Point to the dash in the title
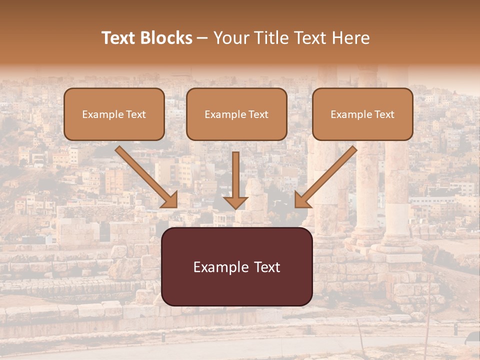[x=202, y=38]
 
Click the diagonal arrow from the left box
[x=145, y=176]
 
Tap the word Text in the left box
[x=136, y=114]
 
